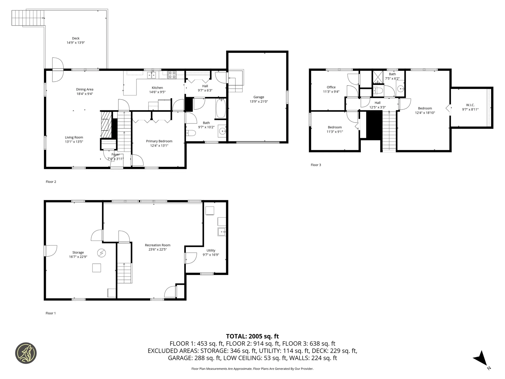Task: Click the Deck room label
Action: (x=76, y=38)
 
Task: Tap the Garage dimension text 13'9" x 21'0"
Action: (x=259, y=102)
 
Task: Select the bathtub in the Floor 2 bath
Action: (x=221, y=108)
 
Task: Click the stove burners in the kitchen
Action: (x=172, y=75)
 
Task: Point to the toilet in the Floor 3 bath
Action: (x=378, y=91)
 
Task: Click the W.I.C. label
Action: (x=470, y=105)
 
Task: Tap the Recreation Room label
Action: (x=158, y=245)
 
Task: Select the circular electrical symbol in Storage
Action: (x=102, y=253)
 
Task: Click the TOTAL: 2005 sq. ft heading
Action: (x=252, y=336)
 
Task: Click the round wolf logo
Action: (x=26, y=353)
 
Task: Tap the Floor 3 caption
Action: (x=316, y=165)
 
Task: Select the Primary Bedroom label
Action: (x=159, y=141)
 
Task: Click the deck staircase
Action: (x=28, y=18)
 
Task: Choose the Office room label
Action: (x=331, y=87)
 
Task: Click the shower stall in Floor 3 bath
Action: (x=378, y=77)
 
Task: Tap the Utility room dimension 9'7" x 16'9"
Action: (x=211, y=255)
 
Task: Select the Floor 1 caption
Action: (x=51, y=313)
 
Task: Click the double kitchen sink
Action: (x=152, y=75)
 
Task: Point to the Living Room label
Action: (x=74, y=137)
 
